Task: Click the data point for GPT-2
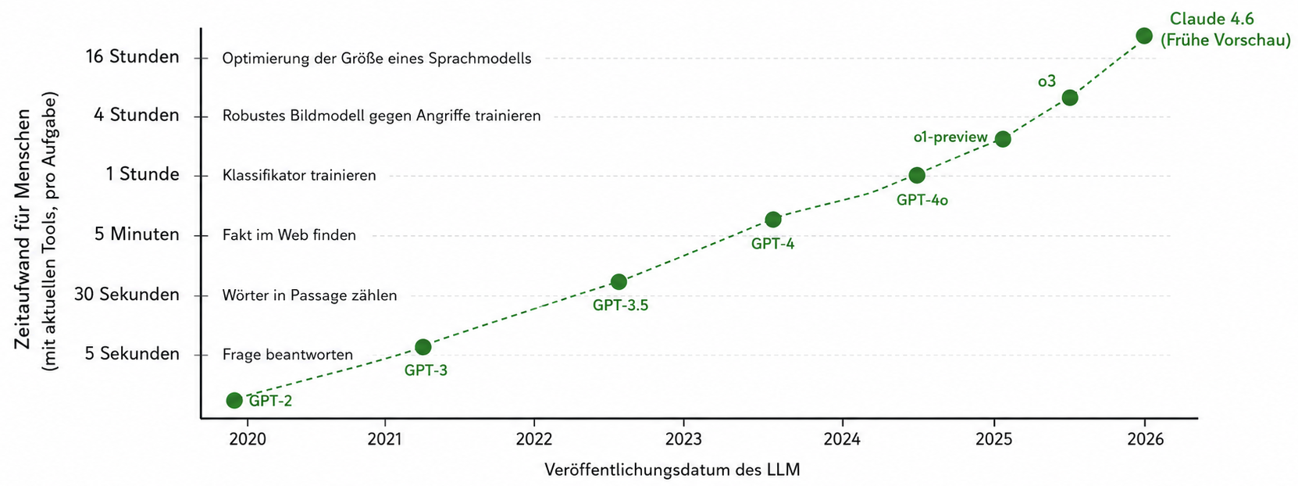click(234, 400)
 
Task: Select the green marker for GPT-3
click(423, 347)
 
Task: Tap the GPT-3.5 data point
click(619, 282)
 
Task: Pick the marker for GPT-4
click(773, 220)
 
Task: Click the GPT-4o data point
click(917, 175)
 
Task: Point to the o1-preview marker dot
click(1003, 139)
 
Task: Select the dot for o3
click(1070, 98)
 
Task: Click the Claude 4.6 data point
click(1144, 36)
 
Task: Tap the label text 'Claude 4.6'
click(1211, 19)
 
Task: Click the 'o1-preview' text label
click(950, 138)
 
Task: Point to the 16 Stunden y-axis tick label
click(133, 57)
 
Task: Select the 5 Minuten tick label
click(137, 234)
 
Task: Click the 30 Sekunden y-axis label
click(127, 295)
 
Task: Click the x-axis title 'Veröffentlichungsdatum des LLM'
click(672, 470)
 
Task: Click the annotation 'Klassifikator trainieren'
click(299, 175)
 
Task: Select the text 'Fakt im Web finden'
click(289, 235)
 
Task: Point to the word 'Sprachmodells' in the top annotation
click(480, 59)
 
